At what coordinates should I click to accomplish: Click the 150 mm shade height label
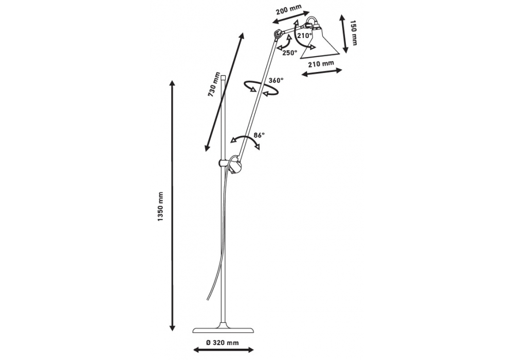click(353, 32)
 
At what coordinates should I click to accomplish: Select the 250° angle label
click(289, 52)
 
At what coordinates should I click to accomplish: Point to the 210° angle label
click(304, 36)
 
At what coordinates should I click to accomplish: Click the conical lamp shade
click(320, 45)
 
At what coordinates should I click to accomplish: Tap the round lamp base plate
click(222, 330)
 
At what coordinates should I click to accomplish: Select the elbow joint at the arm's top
click(278, 34)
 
